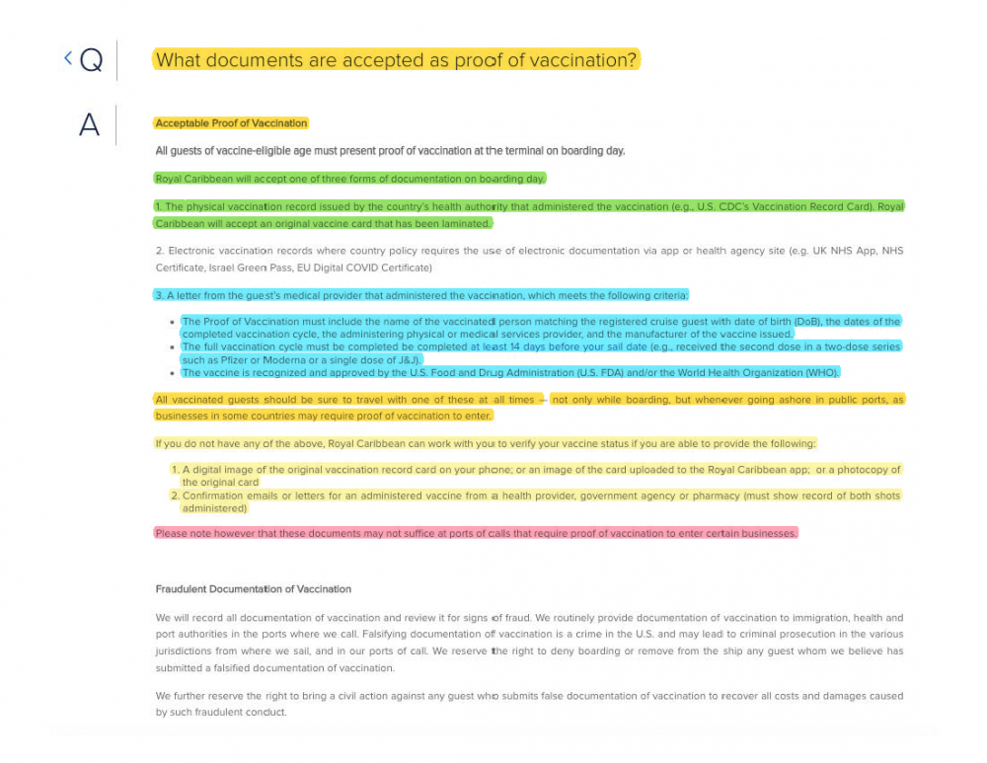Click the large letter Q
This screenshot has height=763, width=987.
click(x=90, y=61)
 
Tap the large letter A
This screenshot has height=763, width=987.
click(x=89, y=125)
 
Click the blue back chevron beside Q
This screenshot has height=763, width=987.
click(x=68, y=58)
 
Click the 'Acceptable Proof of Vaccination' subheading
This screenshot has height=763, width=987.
click(x=231, y=123)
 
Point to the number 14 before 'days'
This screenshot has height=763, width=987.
click(x=514, y=347)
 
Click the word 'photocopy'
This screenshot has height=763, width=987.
click(x=875, y=470)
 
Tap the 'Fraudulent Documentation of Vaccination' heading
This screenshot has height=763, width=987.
click(x=253, y=589)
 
